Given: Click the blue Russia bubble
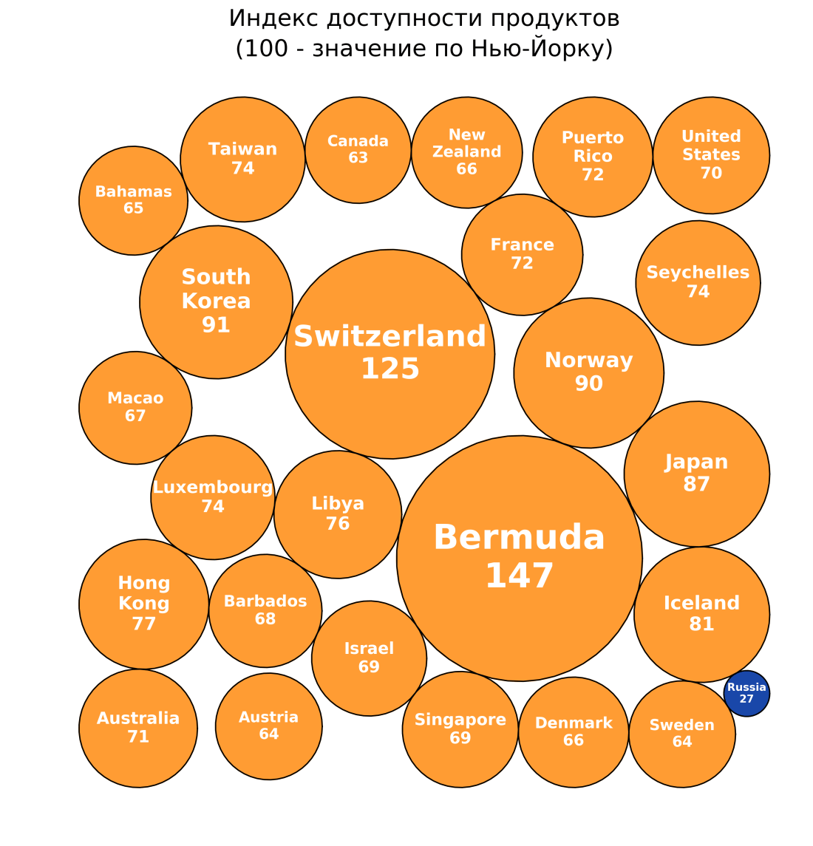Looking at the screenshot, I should tap(746, 693).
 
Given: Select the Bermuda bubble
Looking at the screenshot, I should tap(519, 558).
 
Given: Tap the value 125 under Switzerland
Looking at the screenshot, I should tap(390, 369).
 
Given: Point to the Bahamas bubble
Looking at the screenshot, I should tap(133, 200).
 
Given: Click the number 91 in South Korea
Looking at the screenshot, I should tap(216, 324).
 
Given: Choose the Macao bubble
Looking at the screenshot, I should tap(135, 407).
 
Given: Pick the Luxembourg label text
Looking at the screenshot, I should tap(213, 488).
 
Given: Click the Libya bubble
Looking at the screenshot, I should tap(338, 514).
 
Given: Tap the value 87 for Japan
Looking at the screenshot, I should tap(696, 485).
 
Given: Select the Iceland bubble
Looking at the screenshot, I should tap(701, 613).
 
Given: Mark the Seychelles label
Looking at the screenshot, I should tap(698, 273).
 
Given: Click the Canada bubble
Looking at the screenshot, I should tap(358, 149).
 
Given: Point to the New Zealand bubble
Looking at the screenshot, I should tap(466, 152).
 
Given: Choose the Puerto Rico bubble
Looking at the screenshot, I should tap(593, 156).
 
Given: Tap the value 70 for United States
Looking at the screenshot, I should tap(711, 173).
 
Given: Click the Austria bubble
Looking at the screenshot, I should tap(268, 726).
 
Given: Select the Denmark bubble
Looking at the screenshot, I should tap(574, 731).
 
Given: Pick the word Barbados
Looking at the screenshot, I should tap(265, 601).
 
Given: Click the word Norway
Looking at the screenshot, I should tap(588, 361).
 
